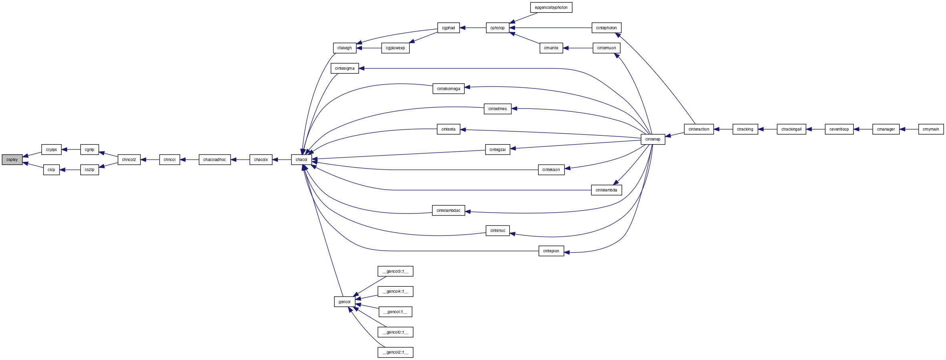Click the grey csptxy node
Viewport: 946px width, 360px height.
(12, 160)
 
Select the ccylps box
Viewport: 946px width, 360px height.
(51, 150)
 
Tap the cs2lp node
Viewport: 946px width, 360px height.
(89, 170)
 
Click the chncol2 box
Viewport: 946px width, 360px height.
(129, 160)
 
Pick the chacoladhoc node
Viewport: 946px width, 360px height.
(215, 160)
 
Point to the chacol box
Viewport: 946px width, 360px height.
(301, 160)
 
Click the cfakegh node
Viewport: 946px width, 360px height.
(344, 48)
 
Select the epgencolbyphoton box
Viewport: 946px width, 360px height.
(551, 8)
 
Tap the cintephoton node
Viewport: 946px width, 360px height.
(606, 28)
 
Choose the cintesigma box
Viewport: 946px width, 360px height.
(345, 68)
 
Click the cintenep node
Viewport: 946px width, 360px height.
(653, 139)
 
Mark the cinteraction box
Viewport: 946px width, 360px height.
(699, 129)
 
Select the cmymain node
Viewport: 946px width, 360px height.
(931, 129)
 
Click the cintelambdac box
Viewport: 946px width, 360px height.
(448, 211)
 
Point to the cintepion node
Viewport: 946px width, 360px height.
(551, 251)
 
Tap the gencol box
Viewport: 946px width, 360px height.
(344, 302)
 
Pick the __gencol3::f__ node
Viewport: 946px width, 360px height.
(395, 272)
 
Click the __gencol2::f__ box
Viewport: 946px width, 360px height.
(395, 352)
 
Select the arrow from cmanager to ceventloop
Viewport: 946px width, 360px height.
(863, 129)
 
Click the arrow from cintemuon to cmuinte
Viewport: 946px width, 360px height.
(578, 48)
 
